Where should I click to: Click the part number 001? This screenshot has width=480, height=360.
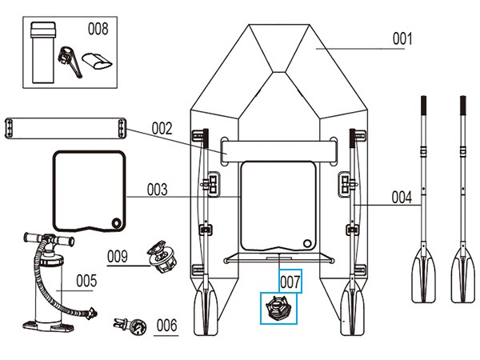click(402, 38)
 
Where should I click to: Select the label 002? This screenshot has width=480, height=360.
click(162, 127)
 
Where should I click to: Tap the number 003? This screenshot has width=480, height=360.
click(158, 190)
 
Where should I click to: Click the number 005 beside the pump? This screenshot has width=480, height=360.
click(86, 280)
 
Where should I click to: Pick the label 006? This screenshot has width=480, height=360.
click(166, 325)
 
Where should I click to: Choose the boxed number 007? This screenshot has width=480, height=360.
click(290, 281)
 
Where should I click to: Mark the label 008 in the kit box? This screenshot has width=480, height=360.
click(98, 30)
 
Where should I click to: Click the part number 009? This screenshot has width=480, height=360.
click(118, 256)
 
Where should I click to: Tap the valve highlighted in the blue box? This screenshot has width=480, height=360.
click(277, 308)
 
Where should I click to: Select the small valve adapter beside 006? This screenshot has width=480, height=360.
click(131, 326)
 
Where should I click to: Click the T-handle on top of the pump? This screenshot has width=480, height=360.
click(43, 238)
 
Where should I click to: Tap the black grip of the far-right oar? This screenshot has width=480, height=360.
click(462, 107)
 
